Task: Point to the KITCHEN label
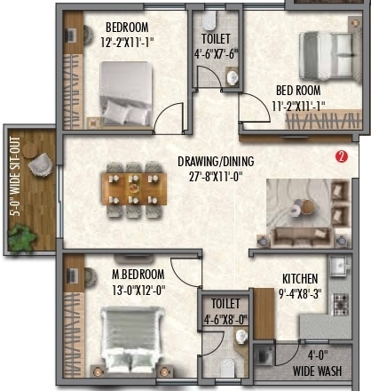(300, 277)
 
